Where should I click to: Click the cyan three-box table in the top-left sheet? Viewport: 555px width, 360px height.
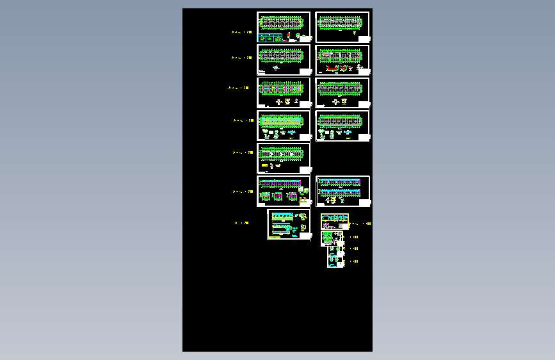(x=273, y=38)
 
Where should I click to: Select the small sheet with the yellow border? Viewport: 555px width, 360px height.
(x=335, y=222)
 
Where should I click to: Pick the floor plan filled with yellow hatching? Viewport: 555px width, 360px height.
(x=282, y=120)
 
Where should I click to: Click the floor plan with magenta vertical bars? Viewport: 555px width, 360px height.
(x=282, y=88)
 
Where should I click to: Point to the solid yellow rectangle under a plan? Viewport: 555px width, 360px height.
(x=264, y=166)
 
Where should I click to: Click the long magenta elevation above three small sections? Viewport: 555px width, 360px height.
(x=280, y=184)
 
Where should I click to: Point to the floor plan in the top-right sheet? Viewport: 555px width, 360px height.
(x=340, y=23)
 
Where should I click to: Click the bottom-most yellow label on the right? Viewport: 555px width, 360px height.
(x=354, y=261)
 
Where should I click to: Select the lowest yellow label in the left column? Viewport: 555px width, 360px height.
(x=241, y=223)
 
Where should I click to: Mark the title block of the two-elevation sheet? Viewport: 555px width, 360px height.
(x=364, y=203)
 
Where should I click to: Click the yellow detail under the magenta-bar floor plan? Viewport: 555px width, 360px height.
(x=287, y=101)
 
